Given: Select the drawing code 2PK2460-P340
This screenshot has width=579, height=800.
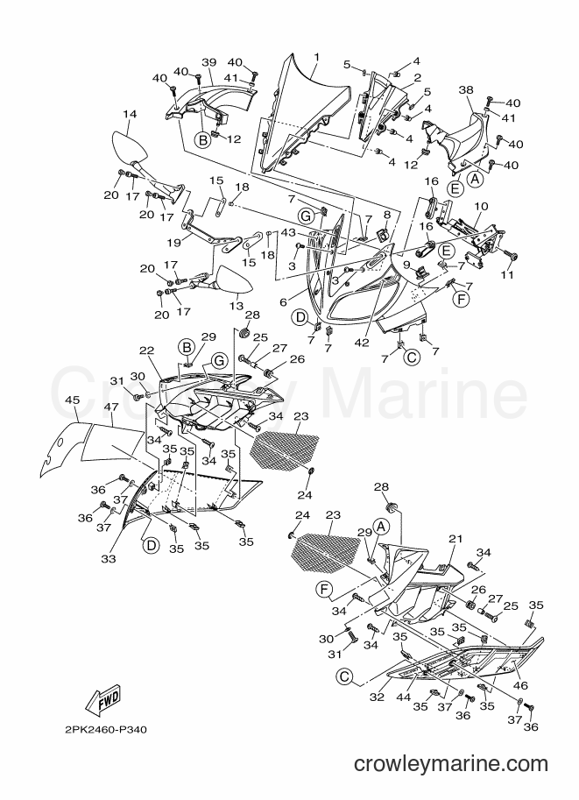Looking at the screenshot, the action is (x=106, y=730).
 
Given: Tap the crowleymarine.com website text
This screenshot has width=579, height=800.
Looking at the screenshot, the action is (x=451, y=764).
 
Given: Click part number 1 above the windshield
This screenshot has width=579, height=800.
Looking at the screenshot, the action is (x=316, y=57).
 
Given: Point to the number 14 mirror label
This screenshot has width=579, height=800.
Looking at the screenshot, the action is (x=130, y=114).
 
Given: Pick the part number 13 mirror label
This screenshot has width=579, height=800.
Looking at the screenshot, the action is (x=237, y=305).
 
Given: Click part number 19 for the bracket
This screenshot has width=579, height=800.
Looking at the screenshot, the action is (x=174, y=243).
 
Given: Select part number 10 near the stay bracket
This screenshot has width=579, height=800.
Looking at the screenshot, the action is (x=481, y=206).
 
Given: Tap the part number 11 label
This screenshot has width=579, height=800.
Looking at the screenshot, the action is (x=506, y=274).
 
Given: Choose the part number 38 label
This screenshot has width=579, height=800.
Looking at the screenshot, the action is (x=466, y=89).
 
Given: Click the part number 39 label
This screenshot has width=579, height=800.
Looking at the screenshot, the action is (x=209, y=62).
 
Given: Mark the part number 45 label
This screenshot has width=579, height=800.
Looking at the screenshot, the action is (x=73, y=400).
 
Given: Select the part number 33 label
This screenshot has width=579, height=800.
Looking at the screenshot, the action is (x=108, y=559).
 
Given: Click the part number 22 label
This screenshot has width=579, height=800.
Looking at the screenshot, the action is (x=146, y=350).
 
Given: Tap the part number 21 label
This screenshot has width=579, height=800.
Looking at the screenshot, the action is (x=455, y=539).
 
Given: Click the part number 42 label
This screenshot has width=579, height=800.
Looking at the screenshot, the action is (x=362, y=343).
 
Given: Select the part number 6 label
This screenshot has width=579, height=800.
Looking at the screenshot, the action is (x=283, y=302).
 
